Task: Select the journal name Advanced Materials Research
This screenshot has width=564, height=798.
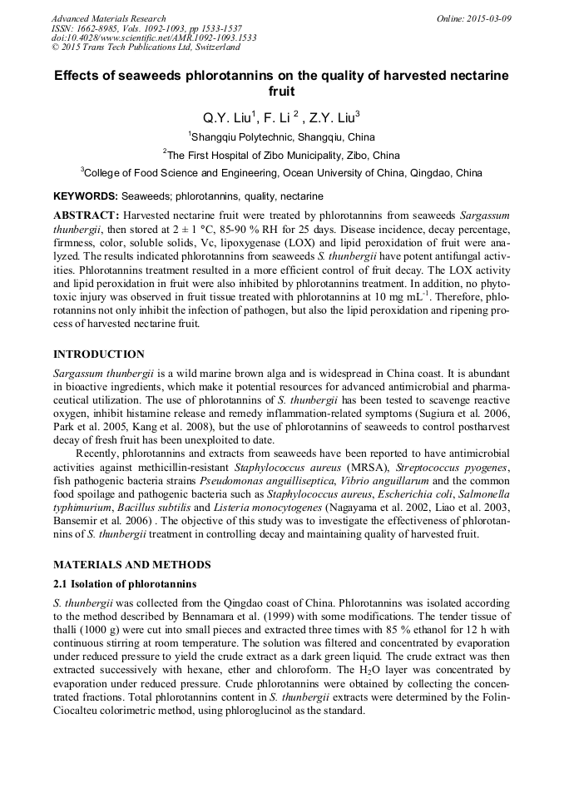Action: (108, 18)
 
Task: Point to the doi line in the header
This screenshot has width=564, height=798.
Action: (154, 38)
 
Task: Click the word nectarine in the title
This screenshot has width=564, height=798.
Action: (477, 75)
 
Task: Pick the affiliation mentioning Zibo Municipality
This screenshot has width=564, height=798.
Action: (282, 155)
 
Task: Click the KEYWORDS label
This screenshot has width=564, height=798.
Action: (85, 196)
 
